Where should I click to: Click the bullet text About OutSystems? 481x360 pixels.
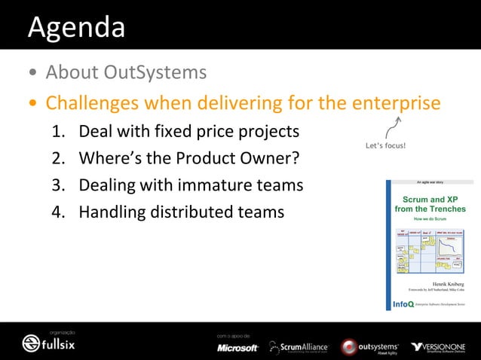[x=126, y=73]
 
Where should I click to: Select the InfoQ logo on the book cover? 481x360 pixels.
[x=403, y=304]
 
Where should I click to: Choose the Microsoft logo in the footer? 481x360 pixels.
[x=237, y=347]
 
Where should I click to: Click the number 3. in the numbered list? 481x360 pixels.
[x=59, y=185]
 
